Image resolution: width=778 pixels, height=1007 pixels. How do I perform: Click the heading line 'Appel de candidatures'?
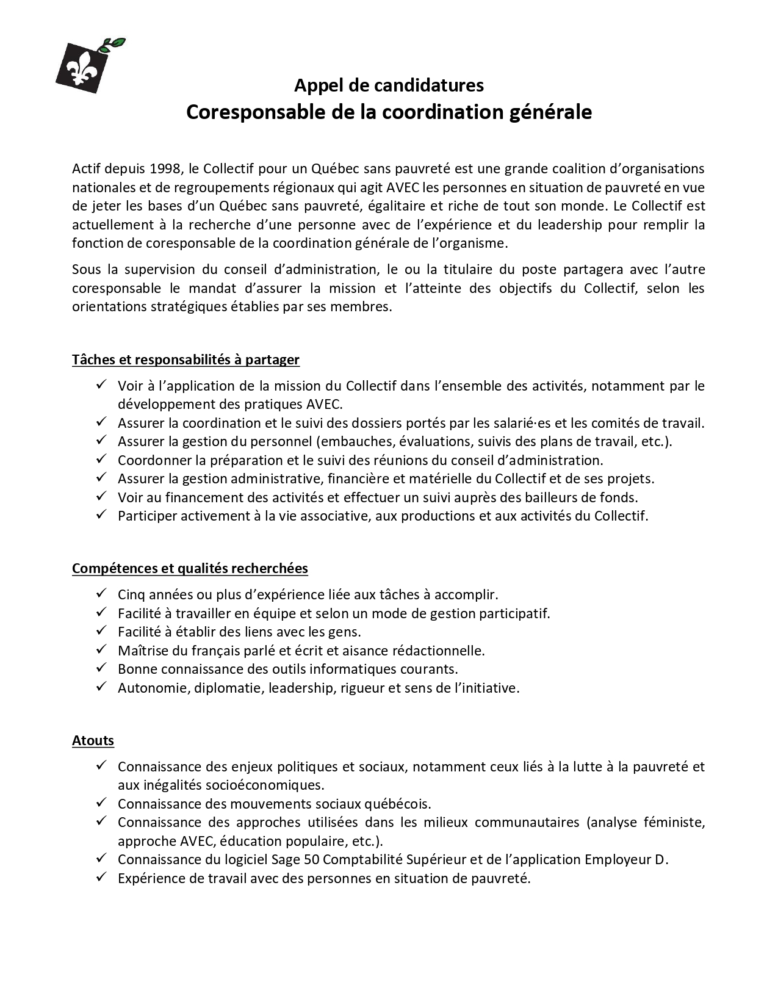[389, 85]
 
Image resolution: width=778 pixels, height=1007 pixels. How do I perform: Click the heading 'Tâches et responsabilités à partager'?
[185, 359]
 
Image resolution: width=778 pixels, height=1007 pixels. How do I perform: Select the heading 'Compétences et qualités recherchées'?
[190, 568]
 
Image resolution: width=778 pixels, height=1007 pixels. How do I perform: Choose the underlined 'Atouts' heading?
[93, 740]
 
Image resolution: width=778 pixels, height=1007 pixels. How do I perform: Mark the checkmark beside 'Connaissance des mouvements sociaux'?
[101, 803]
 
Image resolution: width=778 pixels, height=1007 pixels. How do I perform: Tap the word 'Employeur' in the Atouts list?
[618, 859]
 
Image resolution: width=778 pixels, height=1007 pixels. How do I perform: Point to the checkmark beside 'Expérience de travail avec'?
[101, 878]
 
